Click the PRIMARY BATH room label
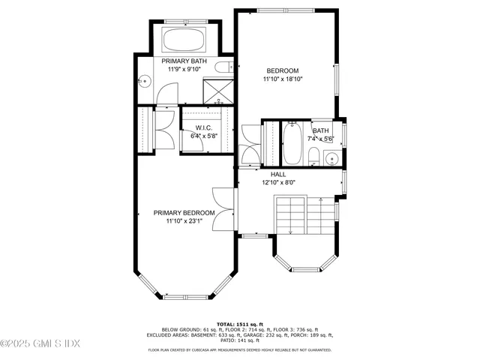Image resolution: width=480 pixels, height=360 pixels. pyautogui.click(x=184, y=61)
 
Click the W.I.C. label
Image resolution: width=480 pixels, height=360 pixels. pyautogui.click(x=204, y=127)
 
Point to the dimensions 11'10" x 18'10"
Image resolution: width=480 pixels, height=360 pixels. pyautogui.click(x=283, y=79)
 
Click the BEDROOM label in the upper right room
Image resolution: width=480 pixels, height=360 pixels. pyautogui.click(x=283, y=70)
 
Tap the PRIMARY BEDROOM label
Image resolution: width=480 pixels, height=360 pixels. pyautogui.click(x=184, y=213)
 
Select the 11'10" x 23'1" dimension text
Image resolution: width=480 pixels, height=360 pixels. pyautogui.click(x=184, y=221)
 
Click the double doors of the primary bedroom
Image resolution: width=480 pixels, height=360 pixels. pyautogui.click(x=222, y=202)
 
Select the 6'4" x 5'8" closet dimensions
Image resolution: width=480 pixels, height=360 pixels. pyautogui.click(x=204, y=136)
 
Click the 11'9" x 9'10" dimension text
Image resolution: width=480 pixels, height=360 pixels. pyautogui.click(x=184, y=70)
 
